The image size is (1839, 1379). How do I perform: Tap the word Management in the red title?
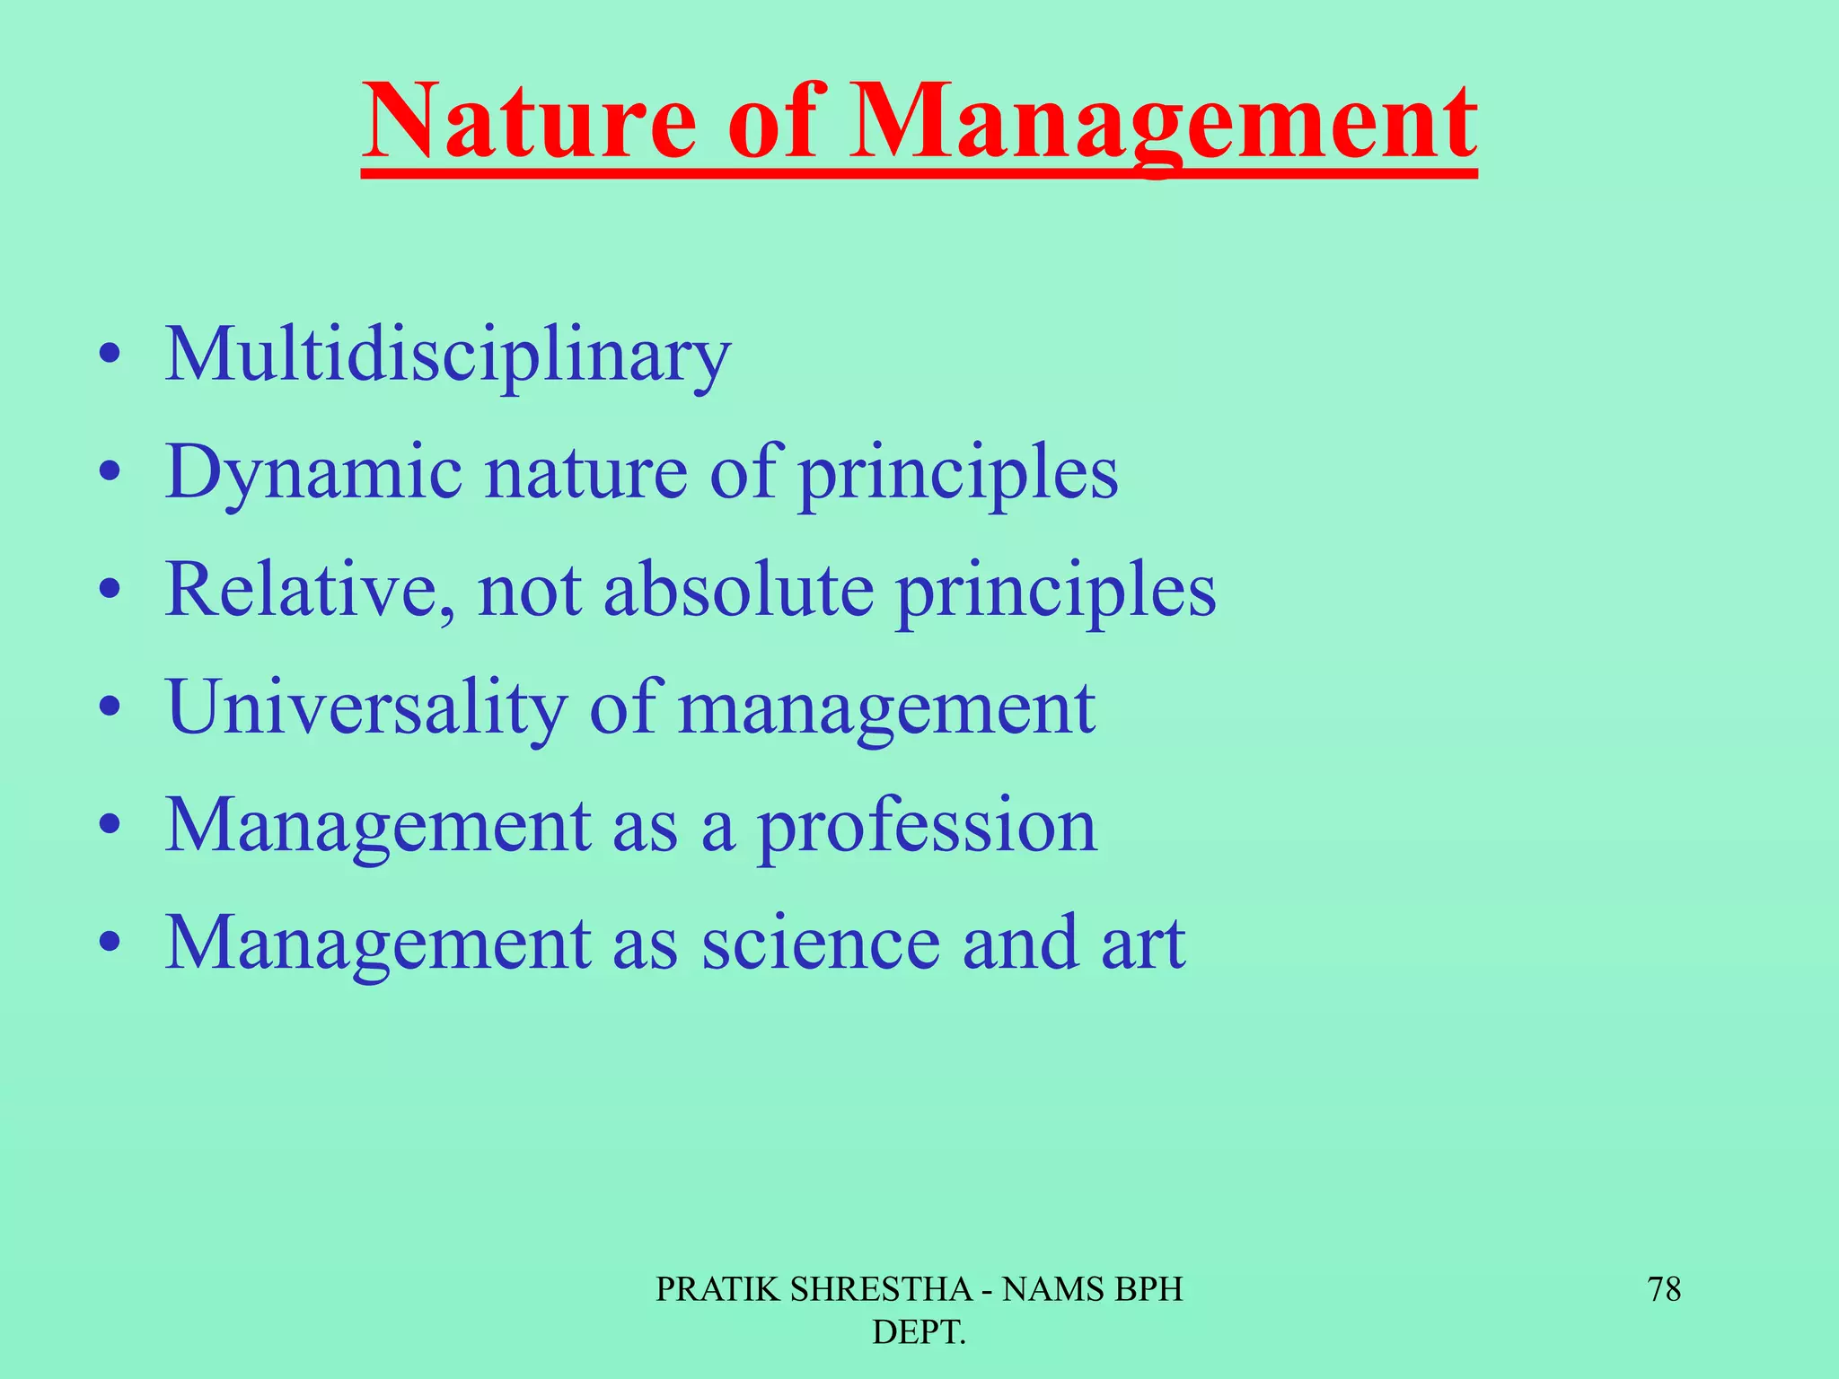(1163, 123)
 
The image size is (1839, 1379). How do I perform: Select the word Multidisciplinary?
(447, 356)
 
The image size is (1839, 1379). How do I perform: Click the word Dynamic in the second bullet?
(313, 473)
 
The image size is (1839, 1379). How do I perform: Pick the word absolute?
(738, 590)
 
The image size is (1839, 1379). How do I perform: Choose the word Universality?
(365, 707)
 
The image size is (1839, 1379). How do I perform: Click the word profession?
(927, 826)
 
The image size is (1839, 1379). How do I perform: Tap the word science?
(820, 943)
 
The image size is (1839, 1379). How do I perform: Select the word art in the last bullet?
(1143, 943)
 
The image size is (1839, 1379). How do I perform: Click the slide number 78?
(1664, 1289)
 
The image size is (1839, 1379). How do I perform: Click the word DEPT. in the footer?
(919, 1332)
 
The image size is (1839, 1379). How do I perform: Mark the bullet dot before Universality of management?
(109, 709)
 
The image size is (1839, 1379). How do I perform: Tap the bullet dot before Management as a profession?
(109, 827)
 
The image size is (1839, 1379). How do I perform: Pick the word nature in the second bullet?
(585, 473)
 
